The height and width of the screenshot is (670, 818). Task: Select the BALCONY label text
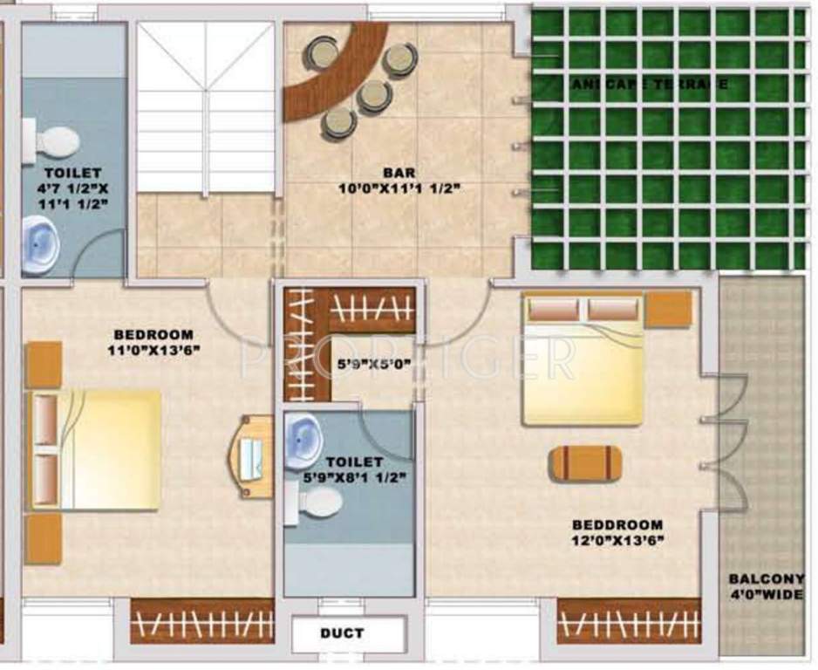[x=767, y=578]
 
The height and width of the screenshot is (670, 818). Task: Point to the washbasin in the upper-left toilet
[x=39, y=246]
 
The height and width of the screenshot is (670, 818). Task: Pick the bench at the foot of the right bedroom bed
[x=585, y=463]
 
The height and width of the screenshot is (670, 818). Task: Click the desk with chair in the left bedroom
[x=254, y=456]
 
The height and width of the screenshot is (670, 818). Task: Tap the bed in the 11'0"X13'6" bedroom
[x=96, y=449]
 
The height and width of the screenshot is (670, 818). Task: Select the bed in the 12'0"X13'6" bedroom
[x=583, y=359]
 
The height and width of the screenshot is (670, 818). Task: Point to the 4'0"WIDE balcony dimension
[x=767, y=596]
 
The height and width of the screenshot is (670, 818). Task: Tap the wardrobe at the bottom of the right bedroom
[x=629, y=621]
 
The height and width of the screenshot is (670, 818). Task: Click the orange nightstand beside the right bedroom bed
[x=669, y=309]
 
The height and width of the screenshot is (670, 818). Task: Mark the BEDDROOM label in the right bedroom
[x=617, y=525]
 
